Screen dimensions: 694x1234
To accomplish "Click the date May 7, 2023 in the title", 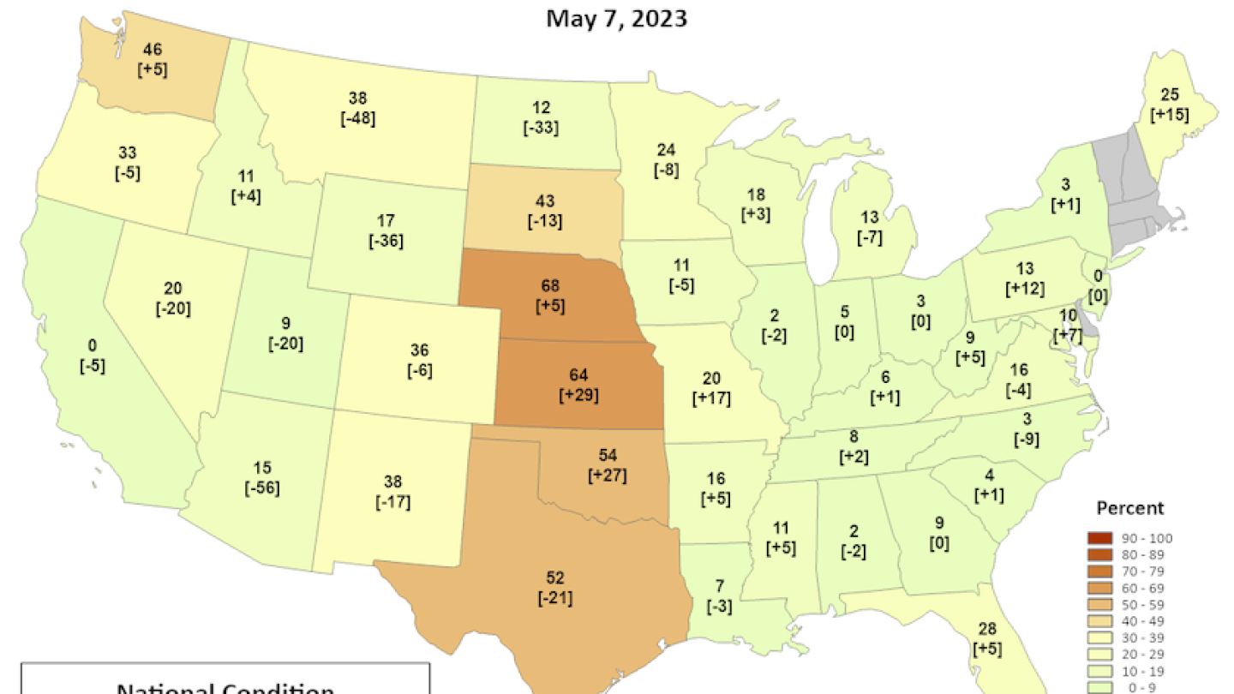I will [616, 18].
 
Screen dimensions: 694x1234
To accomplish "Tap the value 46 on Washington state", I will [153, 51].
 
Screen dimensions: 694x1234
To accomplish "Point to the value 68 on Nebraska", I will [552, 284].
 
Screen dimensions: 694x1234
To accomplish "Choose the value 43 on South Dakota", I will [545, 202].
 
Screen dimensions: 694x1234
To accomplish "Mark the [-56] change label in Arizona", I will [262, 488].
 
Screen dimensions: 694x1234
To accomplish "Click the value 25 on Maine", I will [1171, 94].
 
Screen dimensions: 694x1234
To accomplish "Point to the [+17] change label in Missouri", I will [711, 398].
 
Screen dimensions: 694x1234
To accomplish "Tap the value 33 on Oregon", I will [127, 153].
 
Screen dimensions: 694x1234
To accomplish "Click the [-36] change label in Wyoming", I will [386, 242].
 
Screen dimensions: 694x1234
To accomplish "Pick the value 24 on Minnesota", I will [667, 151].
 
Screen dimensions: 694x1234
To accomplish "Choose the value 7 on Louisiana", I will [719, 587].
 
